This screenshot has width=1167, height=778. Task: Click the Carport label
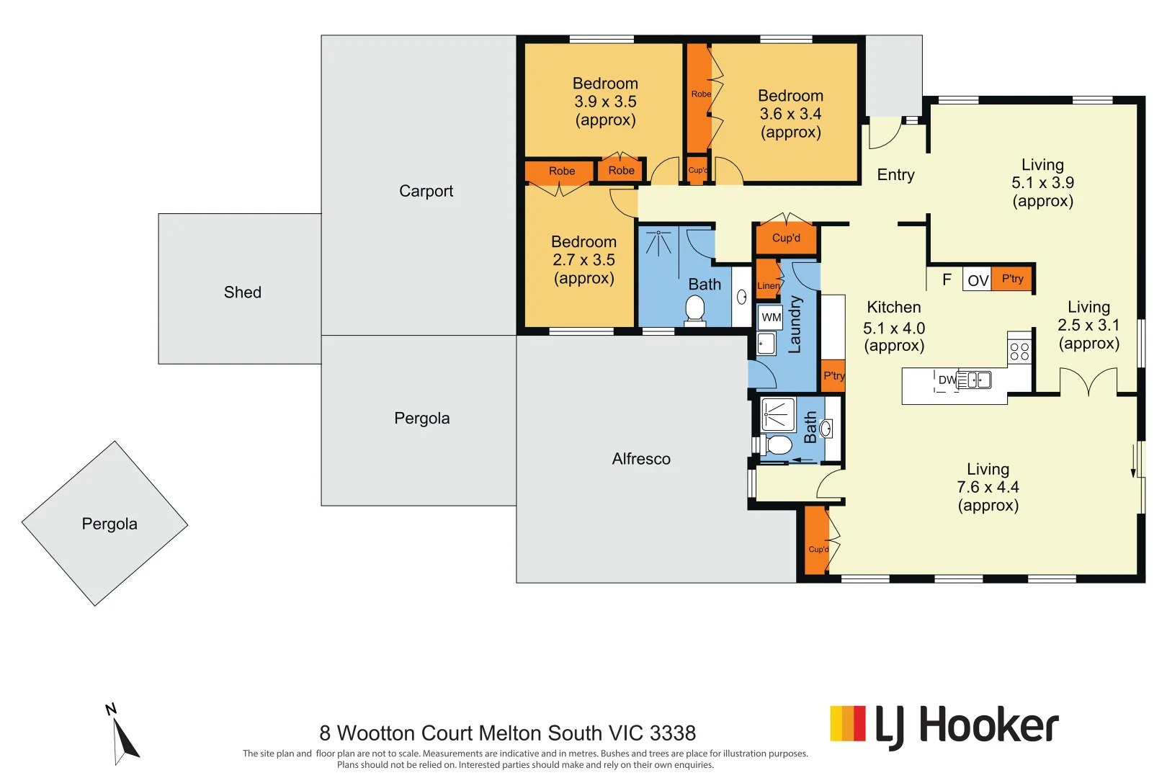(x=426, y=191)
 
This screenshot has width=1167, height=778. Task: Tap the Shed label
(x=242, y=292)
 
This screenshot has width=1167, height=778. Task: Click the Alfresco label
(x=641, y=459)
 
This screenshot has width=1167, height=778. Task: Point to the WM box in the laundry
(x=772, y=317)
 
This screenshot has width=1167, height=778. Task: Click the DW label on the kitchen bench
(x=947, y=380)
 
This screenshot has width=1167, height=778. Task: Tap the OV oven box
(x=978, y=280)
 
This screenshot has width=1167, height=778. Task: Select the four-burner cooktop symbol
(x=1019, y=351)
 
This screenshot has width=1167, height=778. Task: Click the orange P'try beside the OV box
(x=1012, y=279)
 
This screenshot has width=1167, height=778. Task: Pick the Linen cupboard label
(x=768, y=286)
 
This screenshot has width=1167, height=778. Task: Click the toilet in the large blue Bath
(x=694, y=309)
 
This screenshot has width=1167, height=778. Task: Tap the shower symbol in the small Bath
(x=778, y=415)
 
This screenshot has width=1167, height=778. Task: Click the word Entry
(x=895, y=175)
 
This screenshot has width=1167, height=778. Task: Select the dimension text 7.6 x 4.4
(x=988, y=487)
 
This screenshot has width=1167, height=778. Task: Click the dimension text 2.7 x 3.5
(x=583, y=260)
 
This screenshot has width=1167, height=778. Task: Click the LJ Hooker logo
(x=944, y=726)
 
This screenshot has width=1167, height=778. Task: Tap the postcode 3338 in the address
(x=673, y=733)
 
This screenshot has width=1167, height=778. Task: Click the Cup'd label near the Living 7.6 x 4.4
(x=818, y=549)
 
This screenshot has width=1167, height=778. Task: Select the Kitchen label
(x=893, y=308)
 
